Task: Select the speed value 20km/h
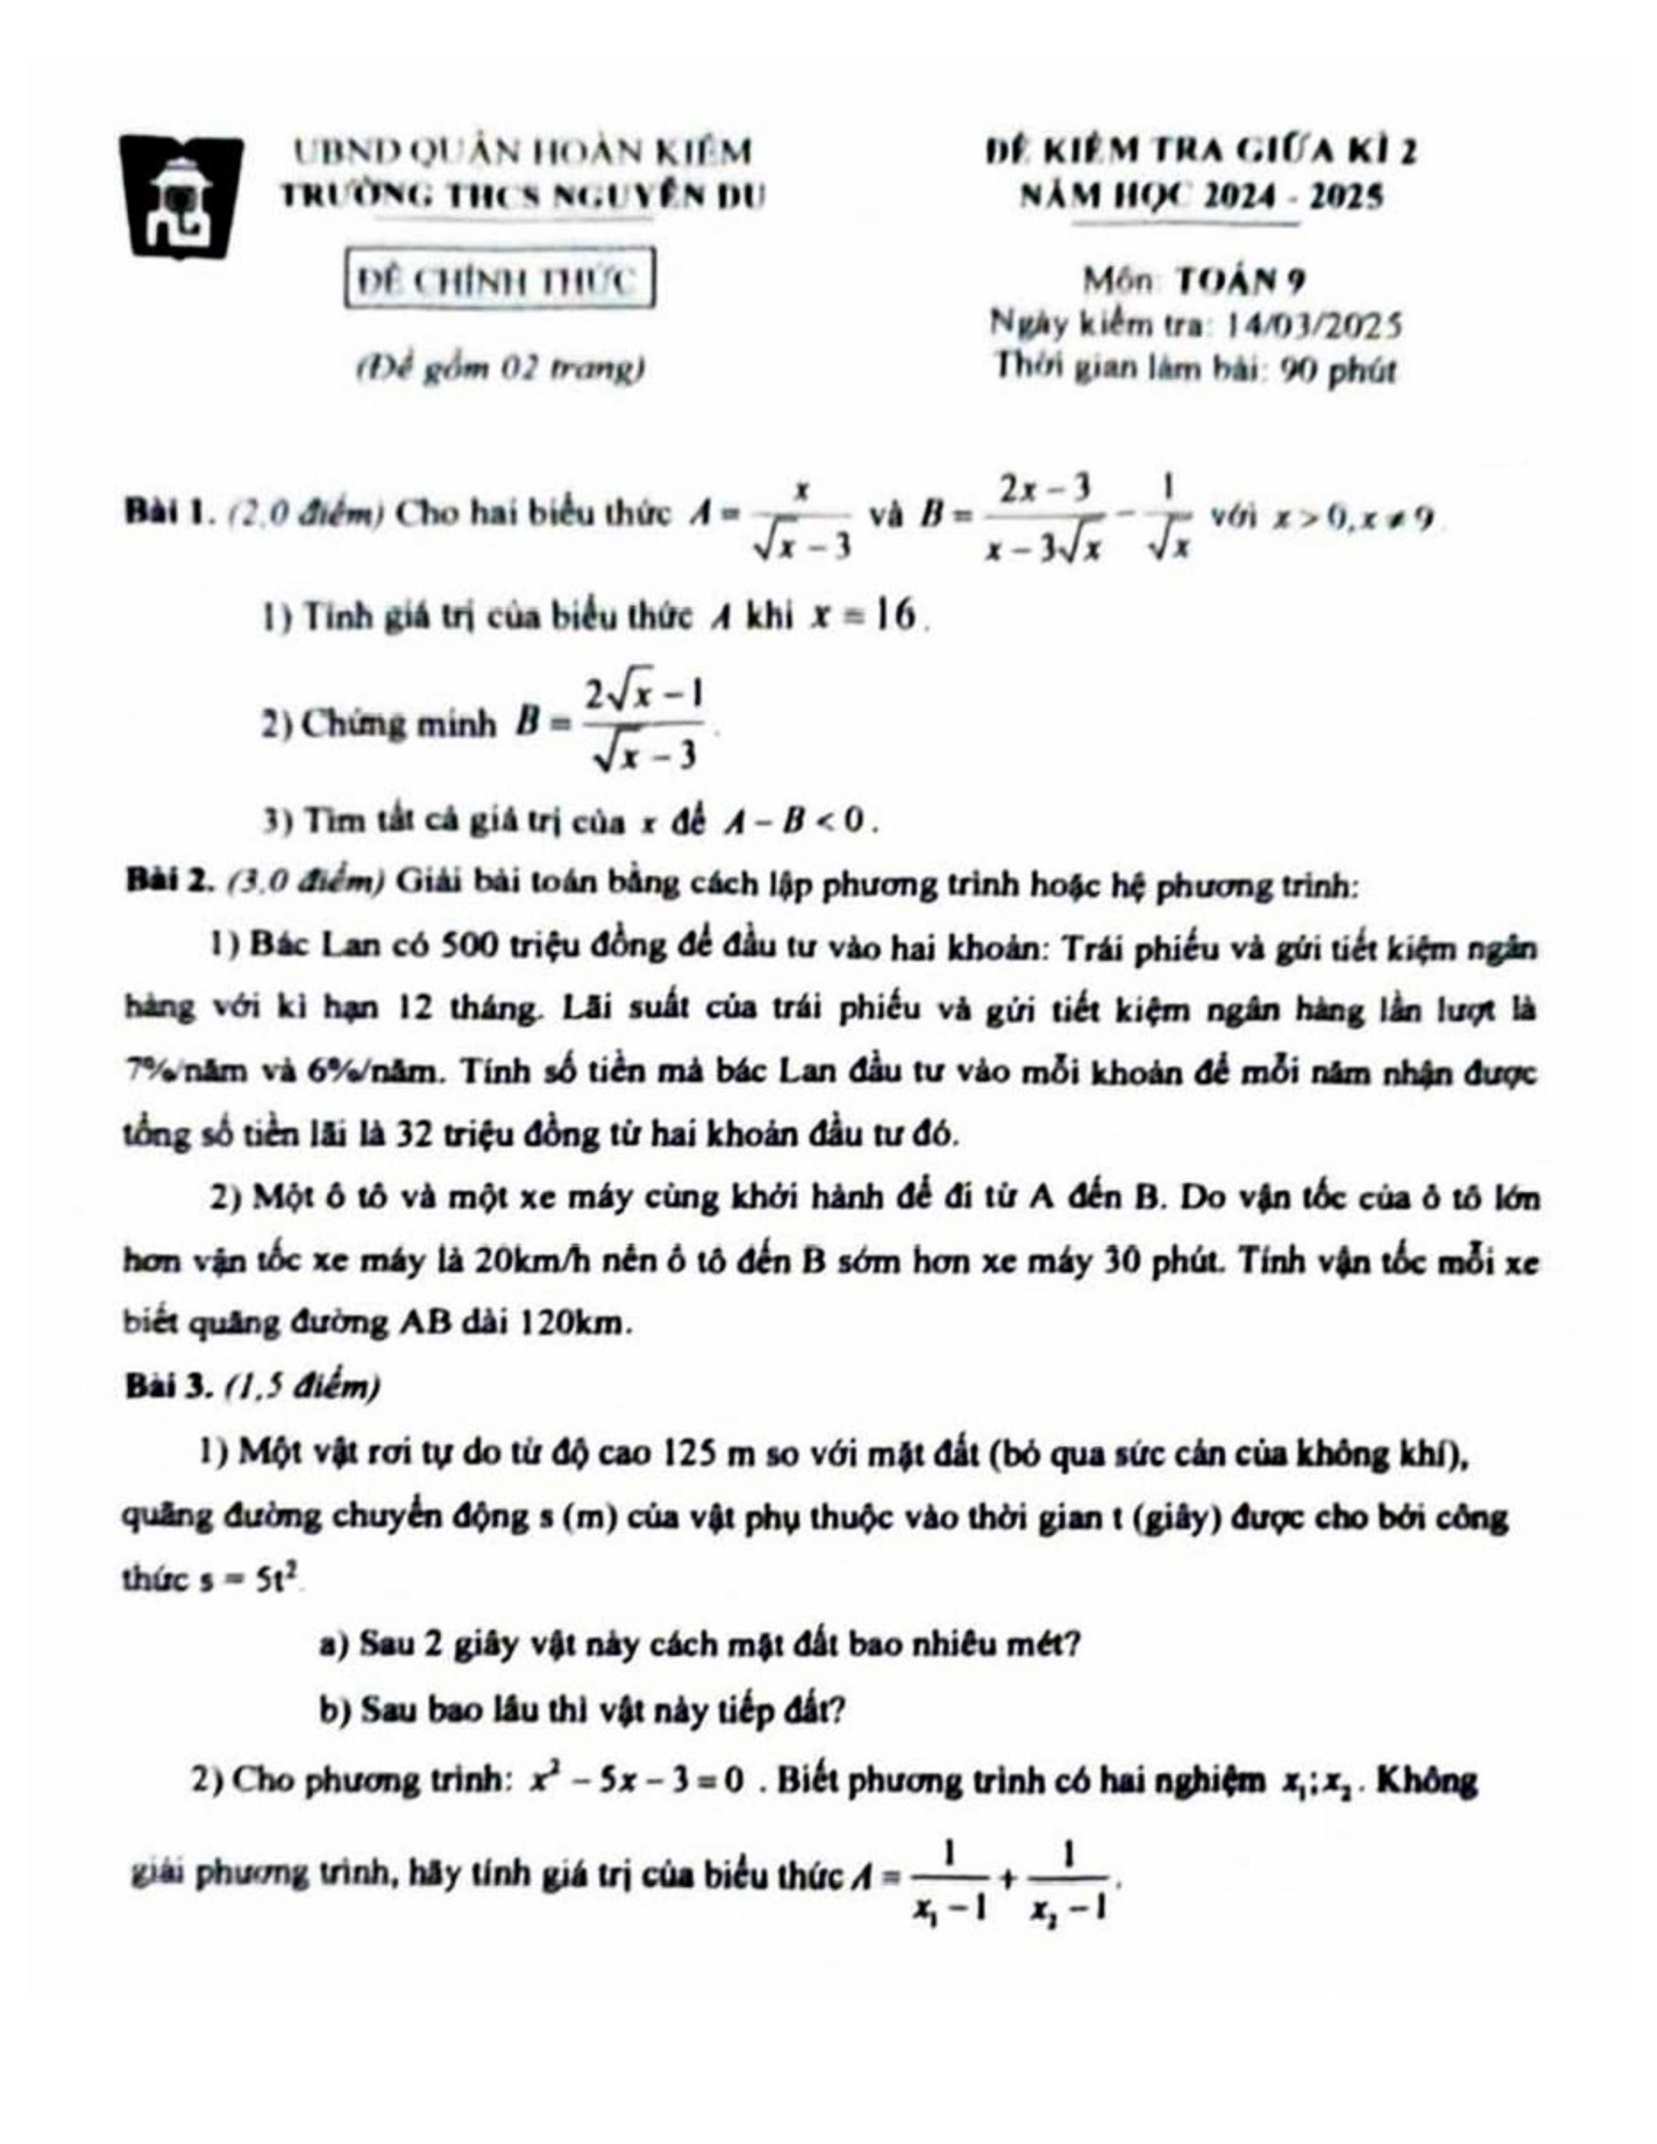pyautogui.click(x=523, y=1260)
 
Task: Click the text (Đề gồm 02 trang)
pyautogui.click(x=498, y=369)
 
